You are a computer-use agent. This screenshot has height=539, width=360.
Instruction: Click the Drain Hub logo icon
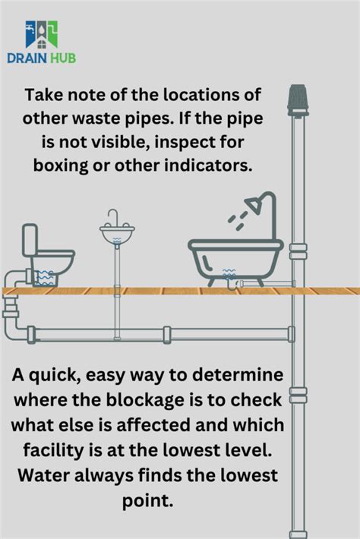pos(41,34)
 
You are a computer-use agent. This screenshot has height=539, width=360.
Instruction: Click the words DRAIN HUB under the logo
pos(41,58)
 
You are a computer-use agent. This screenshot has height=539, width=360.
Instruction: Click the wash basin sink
pos(117,232)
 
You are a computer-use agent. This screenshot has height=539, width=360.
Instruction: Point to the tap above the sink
pos(113,216)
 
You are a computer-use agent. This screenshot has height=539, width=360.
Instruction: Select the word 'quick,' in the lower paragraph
pos(68,375)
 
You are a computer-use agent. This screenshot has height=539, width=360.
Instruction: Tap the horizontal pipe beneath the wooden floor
pos(159,334)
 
